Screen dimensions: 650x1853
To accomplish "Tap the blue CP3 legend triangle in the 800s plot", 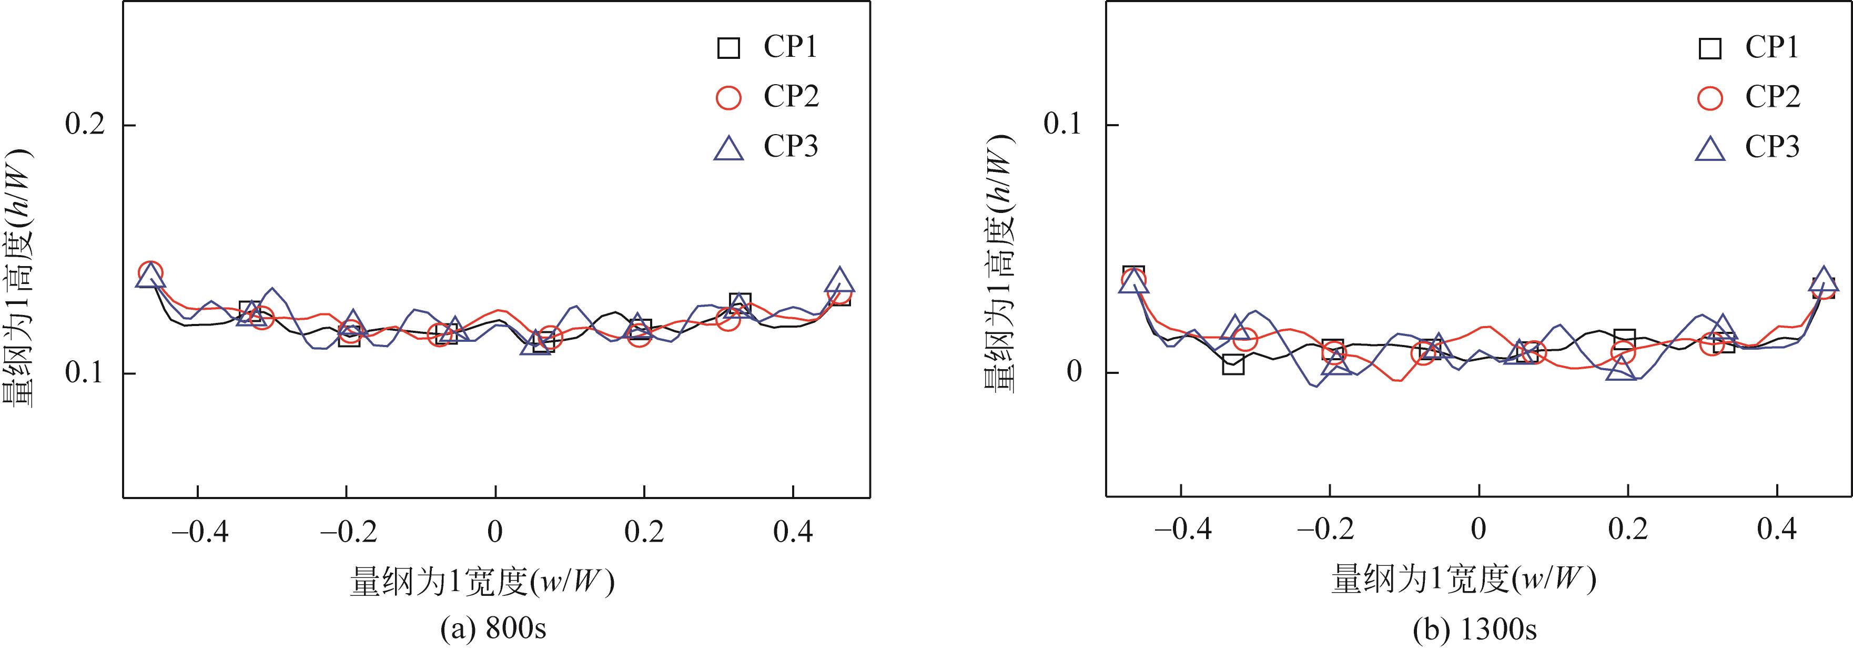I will (x=728, y=148).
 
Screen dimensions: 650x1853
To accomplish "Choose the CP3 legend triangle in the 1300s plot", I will (x=1710, y=148).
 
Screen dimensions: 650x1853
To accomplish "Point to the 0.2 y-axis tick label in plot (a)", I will (x=85, y=125).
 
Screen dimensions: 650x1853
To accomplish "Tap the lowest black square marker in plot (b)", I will (x=1233, y=364).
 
